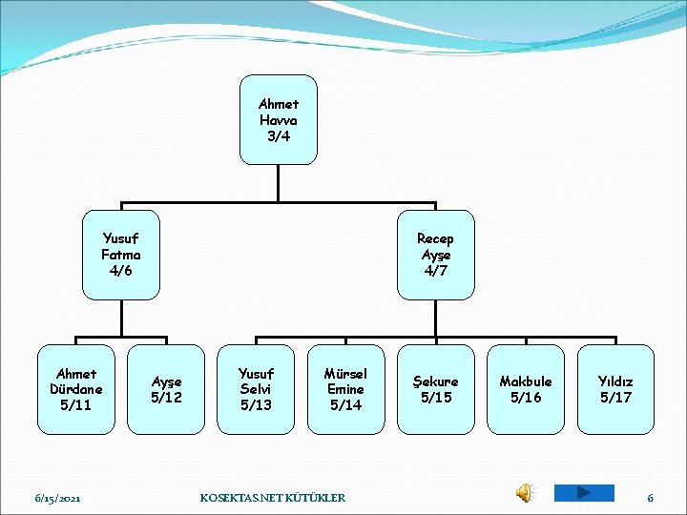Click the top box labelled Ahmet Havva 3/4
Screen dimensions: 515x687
tap(278, 120)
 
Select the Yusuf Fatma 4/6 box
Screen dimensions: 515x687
tap(121, 255)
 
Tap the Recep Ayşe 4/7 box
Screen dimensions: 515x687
tap(435, 255)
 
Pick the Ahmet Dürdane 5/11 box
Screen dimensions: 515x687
tap(76, 389)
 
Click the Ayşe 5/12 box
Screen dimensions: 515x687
tap(166, 389)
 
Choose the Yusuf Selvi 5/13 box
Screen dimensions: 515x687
tap(256, 389)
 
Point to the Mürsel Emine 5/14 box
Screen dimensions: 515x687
tap(345, 389)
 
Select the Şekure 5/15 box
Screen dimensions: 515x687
tap(436, 389)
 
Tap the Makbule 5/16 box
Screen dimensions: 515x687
tap(526, 389)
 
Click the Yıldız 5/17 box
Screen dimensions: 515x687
tap(615, 389)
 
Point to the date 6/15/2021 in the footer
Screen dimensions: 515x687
tap(58, 498)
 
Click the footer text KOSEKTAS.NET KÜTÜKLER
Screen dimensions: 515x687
tap(273, 498)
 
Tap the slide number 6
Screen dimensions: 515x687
tap(650, 498)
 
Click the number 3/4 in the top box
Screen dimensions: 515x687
tap(278, 136)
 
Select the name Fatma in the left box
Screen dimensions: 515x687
tap(121, 255)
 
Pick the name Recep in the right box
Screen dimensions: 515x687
tap(435, 238)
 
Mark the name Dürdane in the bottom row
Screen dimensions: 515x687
tap(76, 389)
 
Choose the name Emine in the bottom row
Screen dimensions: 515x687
tap(345, 389)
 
